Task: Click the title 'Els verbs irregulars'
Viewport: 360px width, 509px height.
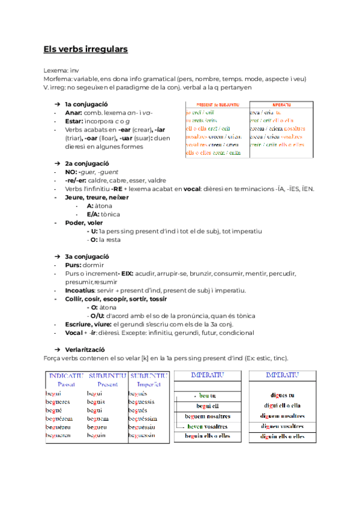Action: [x=85, y=49]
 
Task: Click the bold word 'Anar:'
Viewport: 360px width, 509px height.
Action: [x=73, y=112]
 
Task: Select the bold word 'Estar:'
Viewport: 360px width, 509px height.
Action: [x=74, y=121]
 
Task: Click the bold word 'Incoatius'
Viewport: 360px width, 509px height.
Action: [x=80, y=291]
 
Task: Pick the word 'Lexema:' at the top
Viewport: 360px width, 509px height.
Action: [x=56, y=70]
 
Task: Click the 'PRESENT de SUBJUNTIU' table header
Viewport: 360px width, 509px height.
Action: [x=217, y=104]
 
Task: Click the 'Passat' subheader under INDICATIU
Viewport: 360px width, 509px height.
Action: [x=66, y=384]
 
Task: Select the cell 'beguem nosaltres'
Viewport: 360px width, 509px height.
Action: [x=207, y=416]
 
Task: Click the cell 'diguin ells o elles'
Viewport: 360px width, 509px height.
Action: [x=281, y=436]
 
